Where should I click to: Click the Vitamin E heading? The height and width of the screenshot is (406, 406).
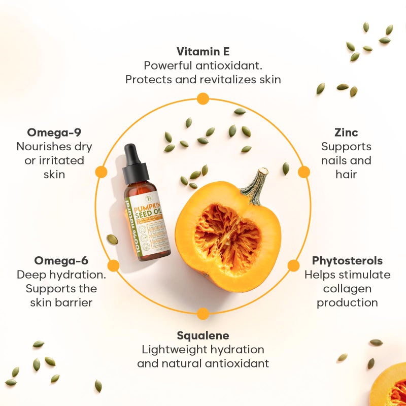pyautogui.click(x=203, y=51)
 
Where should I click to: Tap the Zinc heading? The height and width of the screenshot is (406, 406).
pyautogui.click(x=346, y=133)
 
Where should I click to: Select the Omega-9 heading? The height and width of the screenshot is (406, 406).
pyautogui.click(x=54, y=133)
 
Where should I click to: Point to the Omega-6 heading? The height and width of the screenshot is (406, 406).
pyautogui.click(x=61, y=261)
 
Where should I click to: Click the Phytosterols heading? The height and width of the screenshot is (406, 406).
pyautogui.click(x=347, y=261)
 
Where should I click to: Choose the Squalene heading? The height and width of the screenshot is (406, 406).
pyautogui.click(x=203, y=335)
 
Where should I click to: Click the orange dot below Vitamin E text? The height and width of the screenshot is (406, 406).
pyautogui.click(x=203, y=98)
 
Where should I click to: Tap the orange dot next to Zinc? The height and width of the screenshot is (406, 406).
pyautogui.click(x=303, y=172)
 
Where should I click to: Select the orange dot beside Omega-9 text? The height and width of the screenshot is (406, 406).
pyautogui.click(x=101, y=172)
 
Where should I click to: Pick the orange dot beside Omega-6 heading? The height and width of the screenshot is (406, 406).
pyautogui.click(x=114, y=265)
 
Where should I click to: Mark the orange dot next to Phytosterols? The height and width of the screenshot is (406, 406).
pyautogui.click(x=294, y=265)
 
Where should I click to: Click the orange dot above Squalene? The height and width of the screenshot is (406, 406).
pyautogui.click(x=203, y=314)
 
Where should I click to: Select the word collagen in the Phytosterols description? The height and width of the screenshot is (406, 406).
pyautogui.click(x=347, y=289)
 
